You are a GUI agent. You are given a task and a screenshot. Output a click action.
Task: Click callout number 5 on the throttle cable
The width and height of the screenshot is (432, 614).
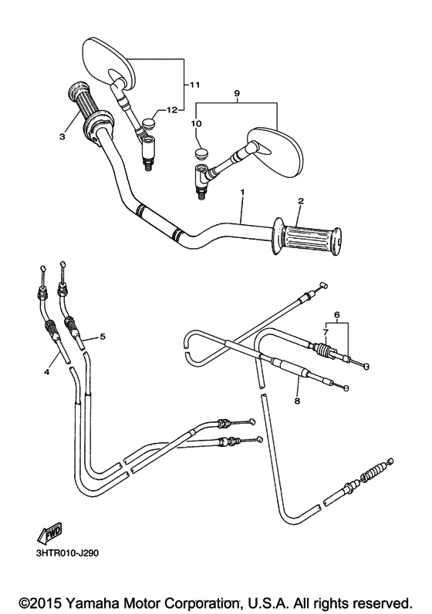point(103,337)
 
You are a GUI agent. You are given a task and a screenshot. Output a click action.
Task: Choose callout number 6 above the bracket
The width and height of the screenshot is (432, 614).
point(336,314)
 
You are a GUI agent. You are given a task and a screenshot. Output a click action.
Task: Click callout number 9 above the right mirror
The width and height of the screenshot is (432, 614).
point(238,94)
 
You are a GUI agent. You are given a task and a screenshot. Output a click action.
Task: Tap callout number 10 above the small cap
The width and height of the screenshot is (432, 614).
point(196,123)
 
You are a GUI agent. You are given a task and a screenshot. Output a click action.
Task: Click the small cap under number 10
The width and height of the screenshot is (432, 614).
point(202,153)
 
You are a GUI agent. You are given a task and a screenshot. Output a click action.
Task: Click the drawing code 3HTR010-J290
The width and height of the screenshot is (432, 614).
point(67,553)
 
